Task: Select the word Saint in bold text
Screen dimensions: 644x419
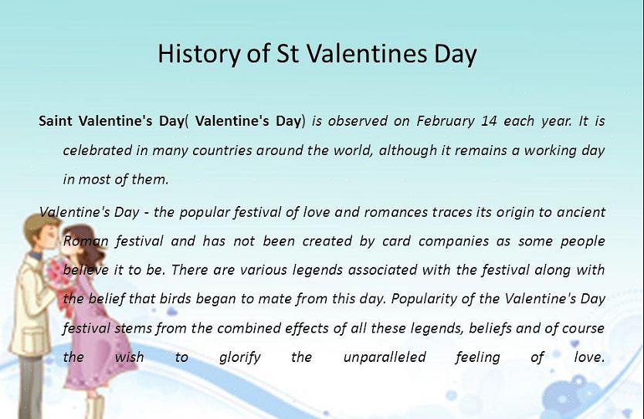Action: tap(56, 120)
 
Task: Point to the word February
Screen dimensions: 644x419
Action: tap(446, 121)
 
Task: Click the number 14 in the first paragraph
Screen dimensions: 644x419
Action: tap(489, 121)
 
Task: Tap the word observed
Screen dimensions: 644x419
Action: tap(358, 120)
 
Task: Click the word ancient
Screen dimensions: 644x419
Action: tap(581, 211)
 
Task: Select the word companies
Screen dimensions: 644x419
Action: tap(454, 242)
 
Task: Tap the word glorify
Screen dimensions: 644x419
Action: tap(240, 357)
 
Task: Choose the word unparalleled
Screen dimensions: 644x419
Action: tap(385, 357)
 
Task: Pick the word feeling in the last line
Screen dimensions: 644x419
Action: tap(478, 357)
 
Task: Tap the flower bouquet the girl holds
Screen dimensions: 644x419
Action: tap(55, 275)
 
